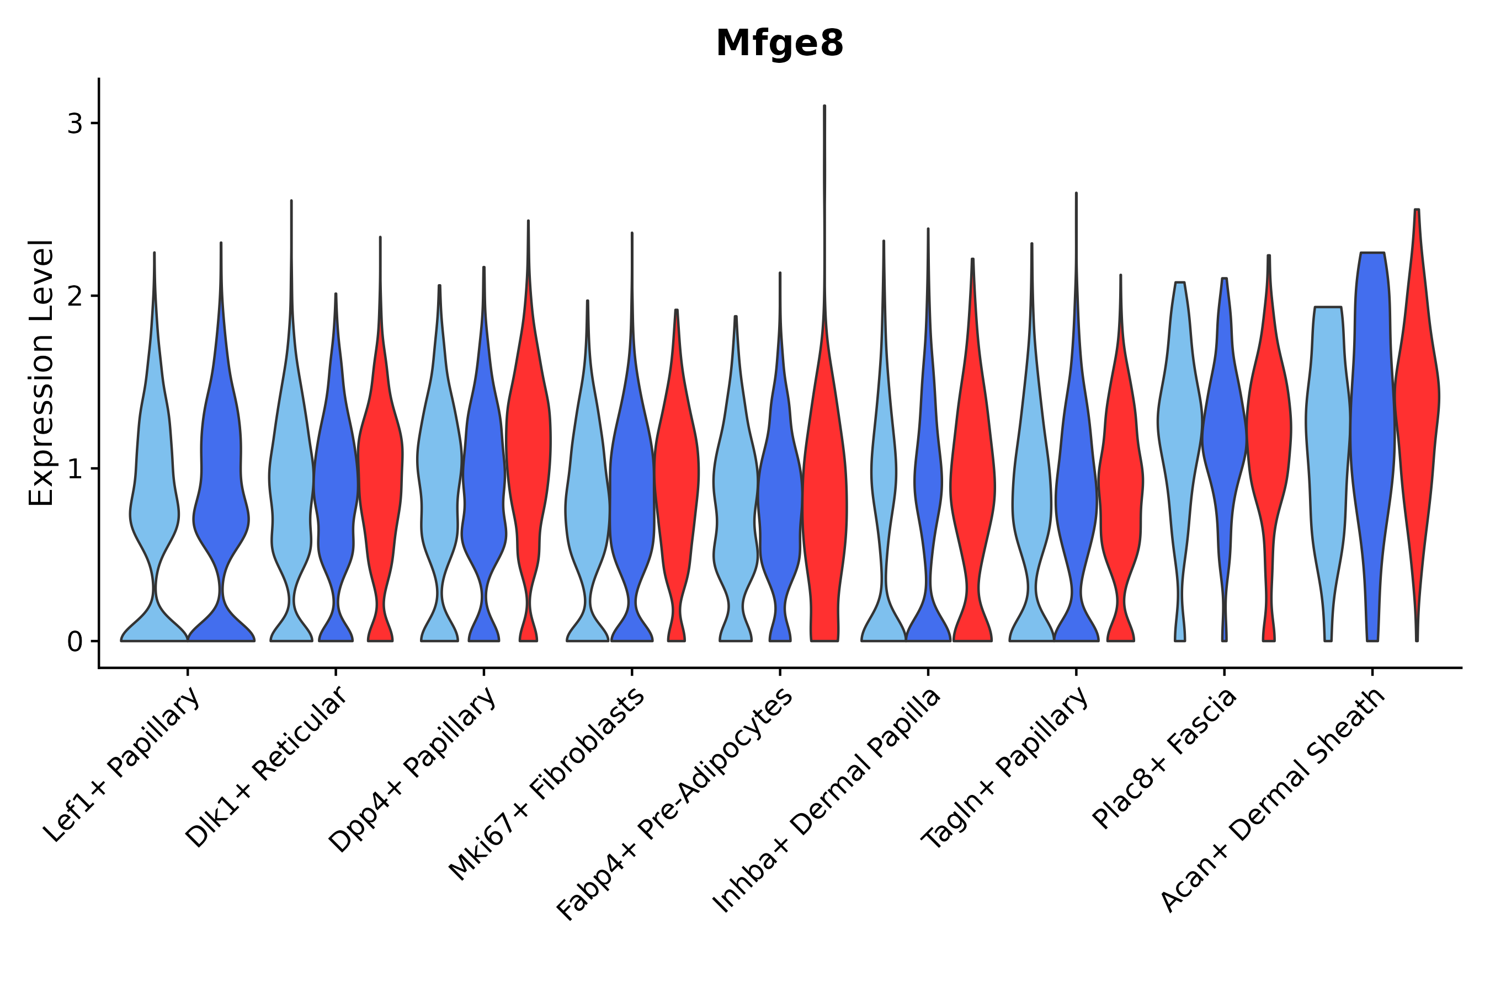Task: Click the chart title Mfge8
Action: click(779, 44)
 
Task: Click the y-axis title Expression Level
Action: click(41, 373)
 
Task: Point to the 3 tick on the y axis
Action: click(74, 124)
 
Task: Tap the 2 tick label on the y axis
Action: click(74, 296)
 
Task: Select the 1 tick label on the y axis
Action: click(74, 469)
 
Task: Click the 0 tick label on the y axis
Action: click(74, 642)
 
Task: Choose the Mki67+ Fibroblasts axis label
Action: click(548, 783)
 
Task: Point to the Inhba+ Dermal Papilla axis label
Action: click(827, 800)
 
